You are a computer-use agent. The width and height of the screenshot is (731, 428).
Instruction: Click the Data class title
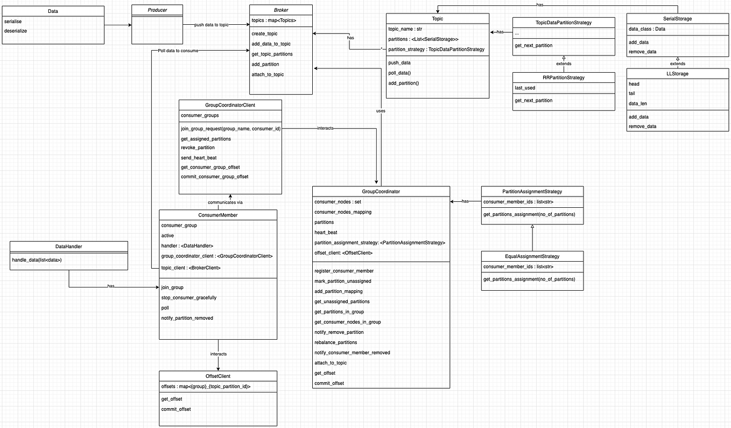point(53,11)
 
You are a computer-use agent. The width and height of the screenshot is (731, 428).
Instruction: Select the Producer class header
point(157,10)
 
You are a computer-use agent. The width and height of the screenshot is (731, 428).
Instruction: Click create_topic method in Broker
point(265,33)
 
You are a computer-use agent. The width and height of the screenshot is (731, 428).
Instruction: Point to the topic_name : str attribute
point(405,29)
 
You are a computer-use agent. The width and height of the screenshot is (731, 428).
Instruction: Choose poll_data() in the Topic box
point(399,73)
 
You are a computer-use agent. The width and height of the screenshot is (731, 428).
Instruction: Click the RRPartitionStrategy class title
point(563,78)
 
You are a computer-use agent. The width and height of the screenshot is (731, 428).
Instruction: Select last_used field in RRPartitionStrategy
point(525,88)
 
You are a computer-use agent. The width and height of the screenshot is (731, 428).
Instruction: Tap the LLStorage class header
point(678,73)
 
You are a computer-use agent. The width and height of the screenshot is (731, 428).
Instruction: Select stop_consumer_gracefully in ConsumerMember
point(188,298)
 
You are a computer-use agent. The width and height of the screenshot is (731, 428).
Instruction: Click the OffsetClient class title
point(218,376)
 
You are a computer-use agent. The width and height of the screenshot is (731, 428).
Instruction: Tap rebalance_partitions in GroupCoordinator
point(335,342)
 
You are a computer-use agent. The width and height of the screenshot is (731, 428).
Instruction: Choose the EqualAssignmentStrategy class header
point(532,256)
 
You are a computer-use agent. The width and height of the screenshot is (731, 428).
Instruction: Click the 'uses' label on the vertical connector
point(381,110)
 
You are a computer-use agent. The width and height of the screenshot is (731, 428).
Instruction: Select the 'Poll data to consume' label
point(178,51)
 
